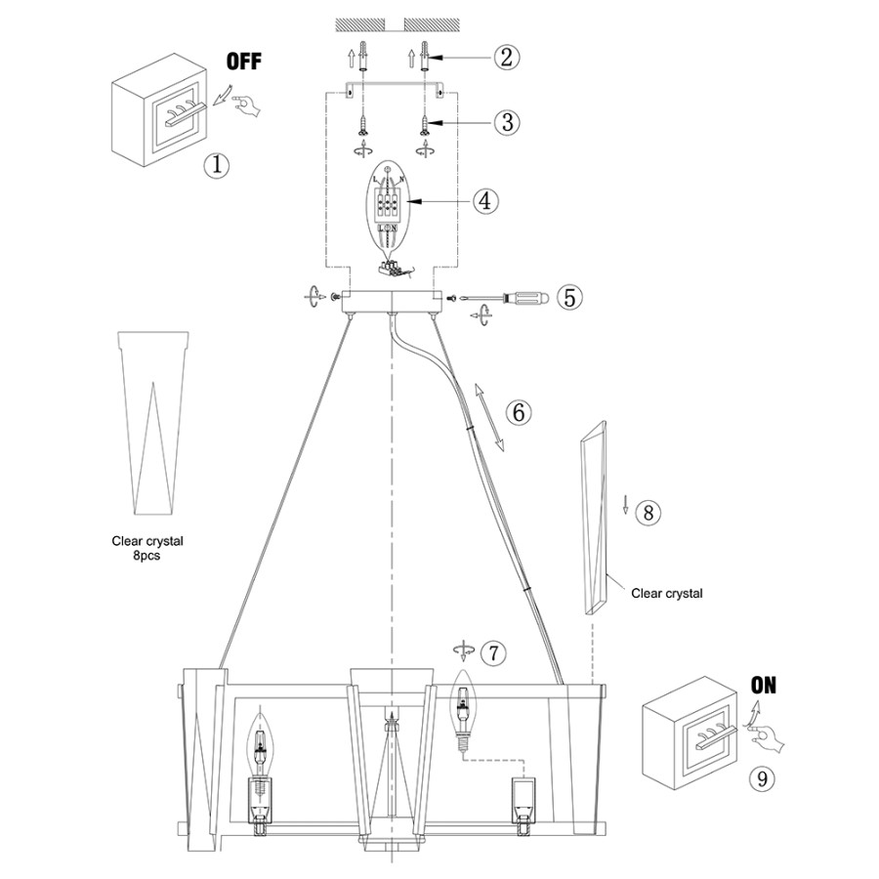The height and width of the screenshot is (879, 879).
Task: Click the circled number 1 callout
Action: point(216,164)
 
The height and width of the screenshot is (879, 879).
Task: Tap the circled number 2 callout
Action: point(505,57)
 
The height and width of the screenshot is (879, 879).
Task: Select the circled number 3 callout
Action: point(505,123)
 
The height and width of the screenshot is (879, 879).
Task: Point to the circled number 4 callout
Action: point(485,201)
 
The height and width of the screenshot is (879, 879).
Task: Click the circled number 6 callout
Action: point(519,413)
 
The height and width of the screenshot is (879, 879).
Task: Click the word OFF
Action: point(244,63)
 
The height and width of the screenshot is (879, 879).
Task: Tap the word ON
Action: point(764,686)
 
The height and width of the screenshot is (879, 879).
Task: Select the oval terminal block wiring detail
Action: point(390,208)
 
